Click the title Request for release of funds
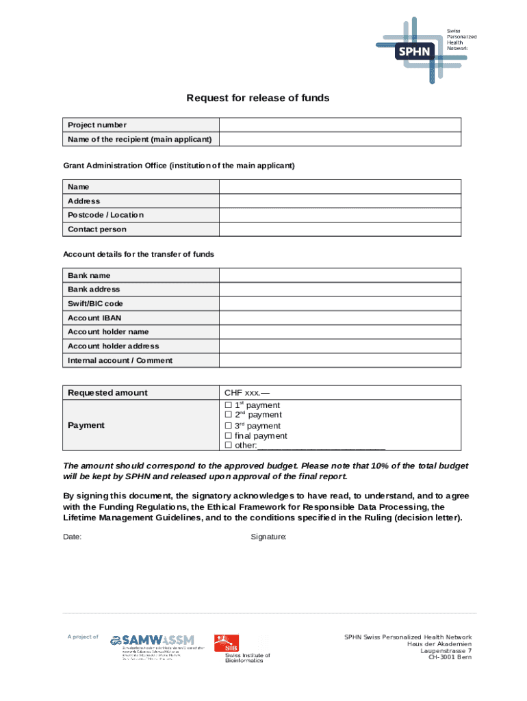(258, 98)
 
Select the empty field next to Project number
(339, 125)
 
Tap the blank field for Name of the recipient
(339, 139)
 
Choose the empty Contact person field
(339, 229)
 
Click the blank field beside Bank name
(339, 275)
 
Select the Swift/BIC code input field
(339, 303)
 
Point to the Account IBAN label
(94, 318)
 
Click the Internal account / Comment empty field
(339, 360)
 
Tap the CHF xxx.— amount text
(247, 393)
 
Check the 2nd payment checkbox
(229, 415)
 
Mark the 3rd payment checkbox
(229, 426)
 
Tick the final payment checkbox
(229, 436)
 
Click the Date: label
(73, 537)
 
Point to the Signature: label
(269, 537)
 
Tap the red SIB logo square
(227, 644)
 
